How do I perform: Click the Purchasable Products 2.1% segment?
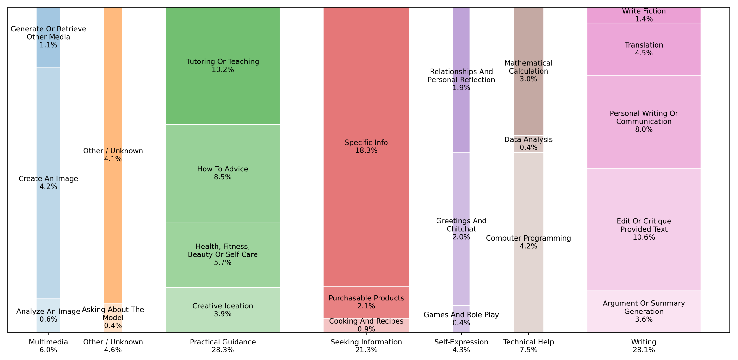366,302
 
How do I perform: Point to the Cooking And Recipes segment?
366,325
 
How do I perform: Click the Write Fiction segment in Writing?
644,15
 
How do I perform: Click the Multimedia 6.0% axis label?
48,346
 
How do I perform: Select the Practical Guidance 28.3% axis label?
223,346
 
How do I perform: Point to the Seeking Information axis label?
366,346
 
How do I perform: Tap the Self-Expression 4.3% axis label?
461,346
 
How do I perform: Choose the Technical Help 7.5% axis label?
528,346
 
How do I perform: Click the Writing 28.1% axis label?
644,346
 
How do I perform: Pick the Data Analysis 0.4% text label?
528,144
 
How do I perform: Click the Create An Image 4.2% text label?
48,183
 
